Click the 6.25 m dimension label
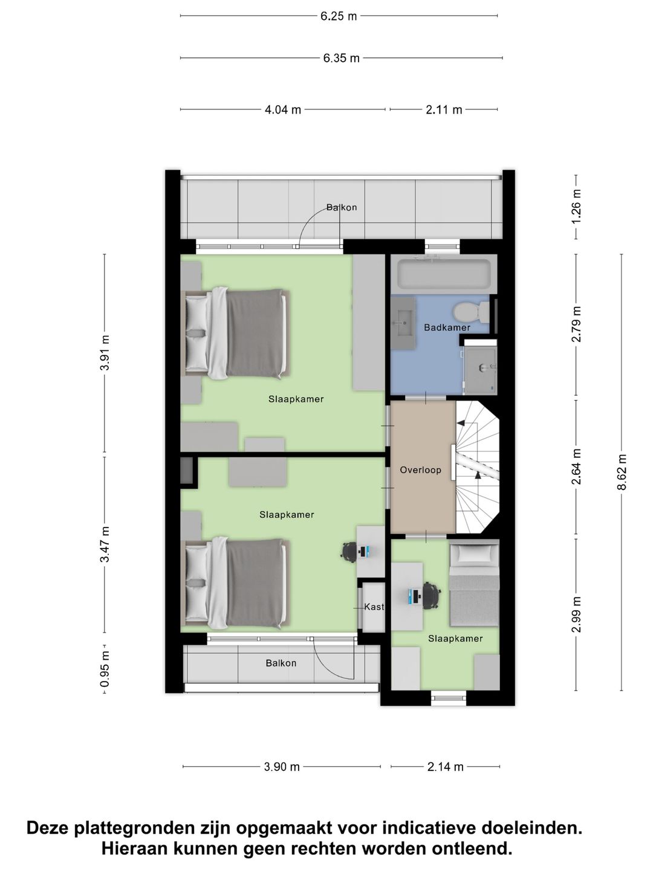pos(339,16)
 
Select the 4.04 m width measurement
pos(282,110)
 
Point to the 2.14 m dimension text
pos(445,767)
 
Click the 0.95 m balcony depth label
pos(105,668)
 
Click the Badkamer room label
pos(447,327)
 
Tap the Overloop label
pos(420,469)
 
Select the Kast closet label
pos(374,607)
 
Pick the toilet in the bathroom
pos(471,312)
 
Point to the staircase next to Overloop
pos(477,468)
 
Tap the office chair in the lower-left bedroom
pos(349,550)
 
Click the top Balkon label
pos(342,207)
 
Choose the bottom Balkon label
pos(281,663)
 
